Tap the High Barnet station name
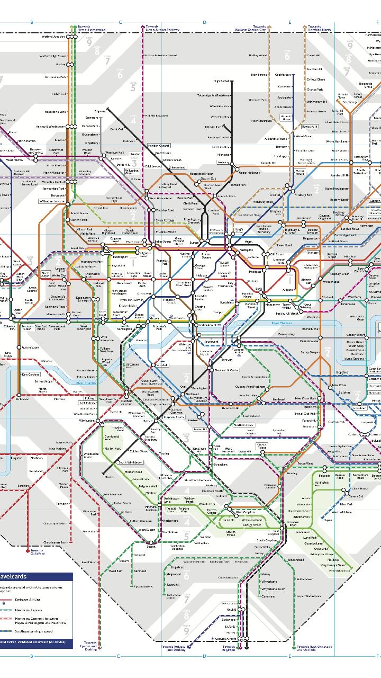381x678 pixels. click(222, 81)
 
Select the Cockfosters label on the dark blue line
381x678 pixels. click(283, 75)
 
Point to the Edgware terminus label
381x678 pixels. click(100, 111)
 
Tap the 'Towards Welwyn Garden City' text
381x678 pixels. click(259, 28)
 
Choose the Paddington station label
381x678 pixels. click(120, 257)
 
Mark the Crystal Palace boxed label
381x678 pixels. click(261, 445)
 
